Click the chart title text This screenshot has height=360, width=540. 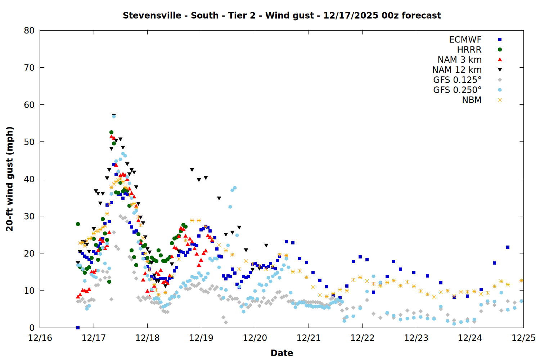point(282,15)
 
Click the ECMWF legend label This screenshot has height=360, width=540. point(465,40)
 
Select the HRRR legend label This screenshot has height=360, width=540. point(469,50)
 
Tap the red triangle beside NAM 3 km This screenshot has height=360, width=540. point(500,60)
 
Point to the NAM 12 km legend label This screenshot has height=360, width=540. point(457,70)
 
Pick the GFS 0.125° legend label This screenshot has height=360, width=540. point(457,80)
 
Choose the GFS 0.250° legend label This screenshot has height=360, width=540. point(457,90)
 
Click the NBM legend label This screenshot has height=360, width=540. point(472,100)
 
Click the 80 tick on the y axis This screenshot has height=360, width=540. point(29,31)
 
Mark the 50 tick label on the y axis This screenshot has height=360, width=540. point(29,142)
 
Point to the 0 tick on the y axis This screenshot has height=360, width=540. point(32,328)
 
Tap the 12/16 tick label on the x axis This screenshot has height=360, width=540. point(40,338)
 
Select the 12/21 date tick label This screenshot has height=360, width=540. point(309,338)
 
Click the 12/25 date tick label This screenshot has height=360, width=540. point(523,338)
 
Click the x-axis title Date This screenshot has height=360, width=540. point(282,353)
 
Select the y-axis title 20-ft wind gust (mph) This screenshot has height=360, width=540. point(10,179)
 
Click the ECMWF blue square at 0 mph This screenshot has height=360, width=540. point(78,328)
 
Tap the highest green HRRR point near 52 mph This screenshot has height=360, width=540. point(111,132)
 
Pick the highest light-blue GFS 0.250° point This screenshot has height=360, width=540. point(114,116)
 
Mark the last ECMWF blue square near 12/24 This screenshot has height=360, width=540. point(508,247)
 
